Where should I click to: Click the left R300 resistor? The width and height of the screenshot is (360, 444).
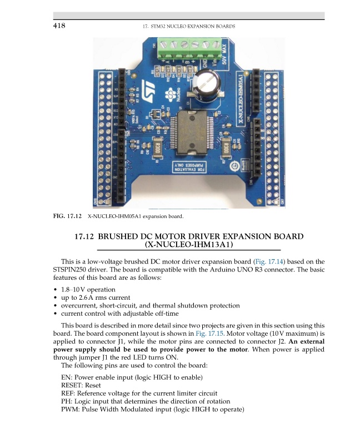tap(157, 148)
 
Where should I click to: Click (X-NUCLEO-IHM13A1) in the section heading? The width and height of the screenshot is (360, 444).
tap(188, 245)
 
